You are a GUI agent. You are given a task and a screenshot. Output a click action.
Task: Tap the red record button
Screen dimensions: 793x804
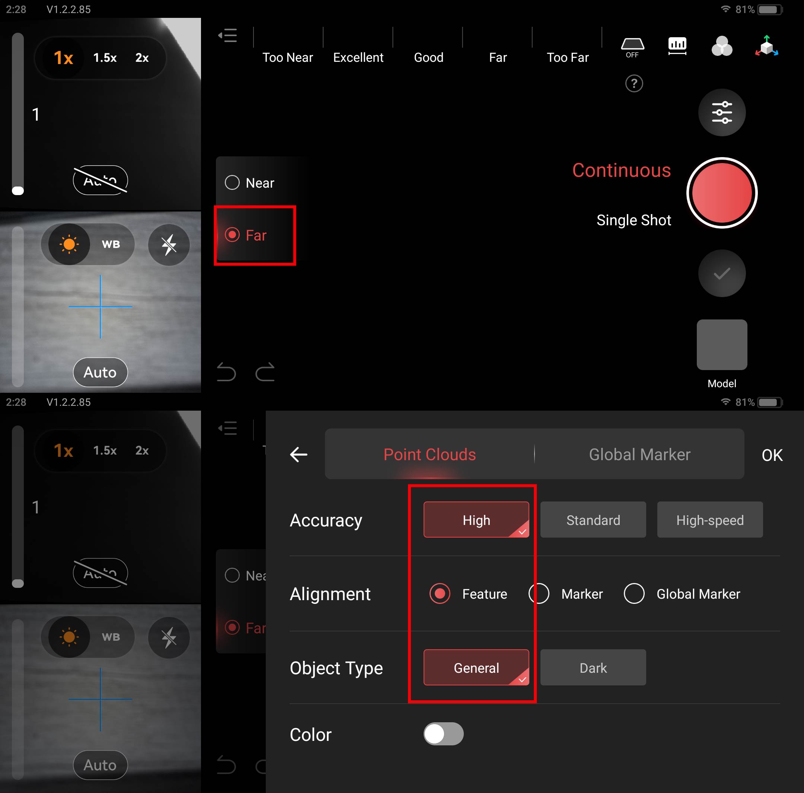pos(722,193)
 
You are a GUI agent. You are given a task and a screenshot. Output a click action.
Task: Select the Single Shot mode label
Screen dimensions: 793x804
pos(634,220)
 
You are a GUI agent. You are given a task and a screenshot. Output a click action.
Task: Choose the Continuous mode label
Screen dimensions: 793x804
pos(621,170)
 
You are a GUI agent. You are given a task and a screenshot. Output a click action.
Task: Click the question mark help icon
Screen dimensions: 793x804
pos(634,84)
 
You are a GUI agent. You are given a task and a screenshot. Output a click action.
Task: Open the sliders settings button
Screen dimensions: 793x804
pos(722,112)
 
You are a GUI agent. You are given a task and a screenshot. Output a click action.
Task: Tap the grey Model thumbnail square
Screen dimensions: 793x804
pos(722,345)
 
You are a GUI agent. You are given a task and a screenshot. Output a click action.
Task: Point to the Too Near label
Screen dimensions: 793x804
pos(288,57)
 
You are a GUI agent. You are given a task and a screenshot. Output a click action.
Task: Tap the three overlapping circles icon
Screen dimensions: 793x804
pos(722,46)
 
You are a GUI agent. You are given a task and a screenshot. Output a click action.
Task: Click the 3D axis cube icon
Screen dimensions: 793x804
pos(766,46)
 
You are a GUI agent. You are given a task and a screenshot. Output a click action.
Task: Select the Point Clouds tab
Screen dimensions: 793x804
pos(430,455)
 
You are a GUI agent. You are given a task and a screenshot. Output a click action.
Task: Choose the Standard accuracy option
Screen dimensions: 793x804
pos(593,520)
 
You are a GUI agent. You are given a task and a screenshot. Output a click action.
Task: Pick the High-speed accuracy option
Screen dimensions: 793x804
pos(709,520)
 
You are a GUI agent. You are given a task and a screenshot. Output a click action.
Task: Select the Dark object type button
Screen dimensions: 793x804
pos(593,668)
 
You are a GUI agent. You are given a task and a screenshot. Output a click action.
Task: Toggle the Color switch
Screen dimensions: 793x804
pos(443,734)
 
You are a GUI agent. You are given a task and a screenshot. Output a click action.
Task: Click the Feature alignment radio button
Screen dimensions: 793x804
pos(440,593)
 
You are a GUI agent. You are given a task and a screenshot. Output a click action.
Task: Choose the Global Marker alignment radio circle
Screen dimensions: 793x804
pos(634,593)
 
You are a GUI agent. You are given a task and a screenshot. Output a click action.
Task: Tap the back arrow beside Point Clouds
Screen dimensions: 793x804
pos(299,455)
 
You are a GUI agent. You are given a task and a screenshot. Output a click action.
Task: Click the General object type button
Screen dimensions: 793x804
pos(476,668)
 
